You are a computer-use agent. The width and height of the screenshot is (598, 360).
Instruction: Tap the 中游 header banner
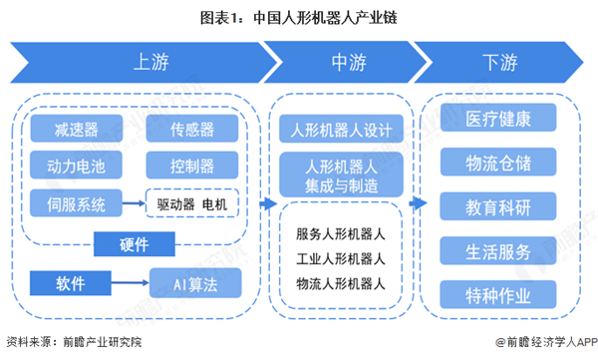(x=341, y=63)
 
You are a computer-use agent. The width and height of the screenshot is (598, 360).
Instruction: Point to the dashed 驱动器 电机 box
(x=192, y=204)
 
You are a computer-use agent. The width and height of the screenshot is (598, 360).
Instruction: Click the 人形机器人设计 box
(x=341, y=131)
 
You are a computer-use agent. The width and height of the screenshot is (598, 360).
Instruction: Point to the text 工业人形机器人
(x=341, y=259)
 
